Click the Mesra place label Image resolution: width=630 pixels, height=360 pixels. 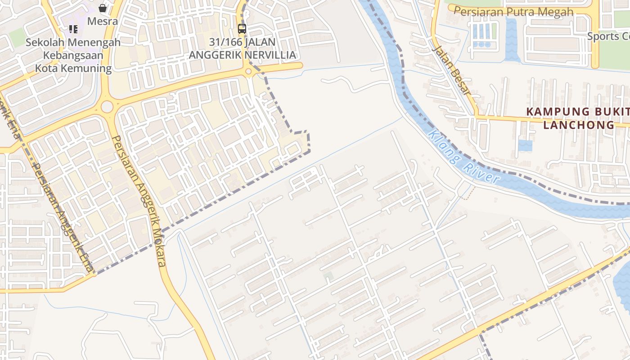click(x=103, y=21)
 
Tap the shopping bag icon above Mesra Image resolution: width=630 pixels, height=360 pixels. click(x=103, y=8)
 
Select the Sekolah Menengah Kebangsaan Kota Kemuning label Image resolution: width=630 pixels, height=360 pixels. click(x=73, y=55)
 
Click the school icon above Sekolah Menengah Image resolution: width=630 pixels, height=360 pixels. click(x=73, y=29)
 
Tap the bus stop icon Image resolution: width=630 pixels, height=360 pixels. click(x=242, y=29)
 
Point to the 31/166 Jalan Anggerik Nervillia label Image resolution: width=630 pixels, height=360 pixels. click(x=243, y=49)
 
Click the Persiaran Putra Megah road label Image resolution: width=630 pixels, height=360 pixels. click(x=513, y=12)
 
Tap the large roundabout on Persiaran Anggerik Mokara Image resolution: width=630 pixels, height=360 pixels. click(x=107, y=107)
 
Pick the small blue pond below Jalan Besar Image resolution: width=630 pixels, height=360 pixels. click(x=525, y=145)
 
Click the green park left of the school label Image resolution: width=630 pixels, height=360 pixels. click(x=17, y=38)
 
